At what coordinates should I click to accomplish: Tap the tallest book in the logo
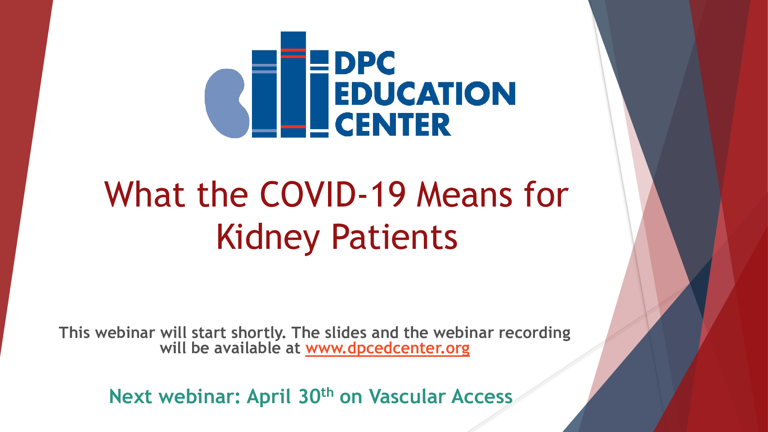293,84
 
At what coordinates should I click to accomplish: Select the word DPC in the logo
365,63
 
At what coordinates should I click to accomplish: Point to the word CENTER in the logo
393,124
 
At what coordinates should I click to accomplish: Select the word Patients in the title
395,237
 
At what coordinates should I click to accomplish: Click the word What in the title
145,194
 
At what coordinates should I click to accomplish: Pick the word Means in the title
465,194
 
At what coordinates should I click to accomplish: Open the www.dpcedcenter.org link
387,348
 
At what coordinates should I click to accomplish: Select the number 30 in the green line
310,397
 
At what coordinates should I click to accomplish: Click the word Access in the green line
482,397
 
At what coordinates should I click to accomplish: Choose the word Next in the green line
130,397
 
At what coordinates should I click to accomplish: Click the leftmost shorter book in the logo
265,94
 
